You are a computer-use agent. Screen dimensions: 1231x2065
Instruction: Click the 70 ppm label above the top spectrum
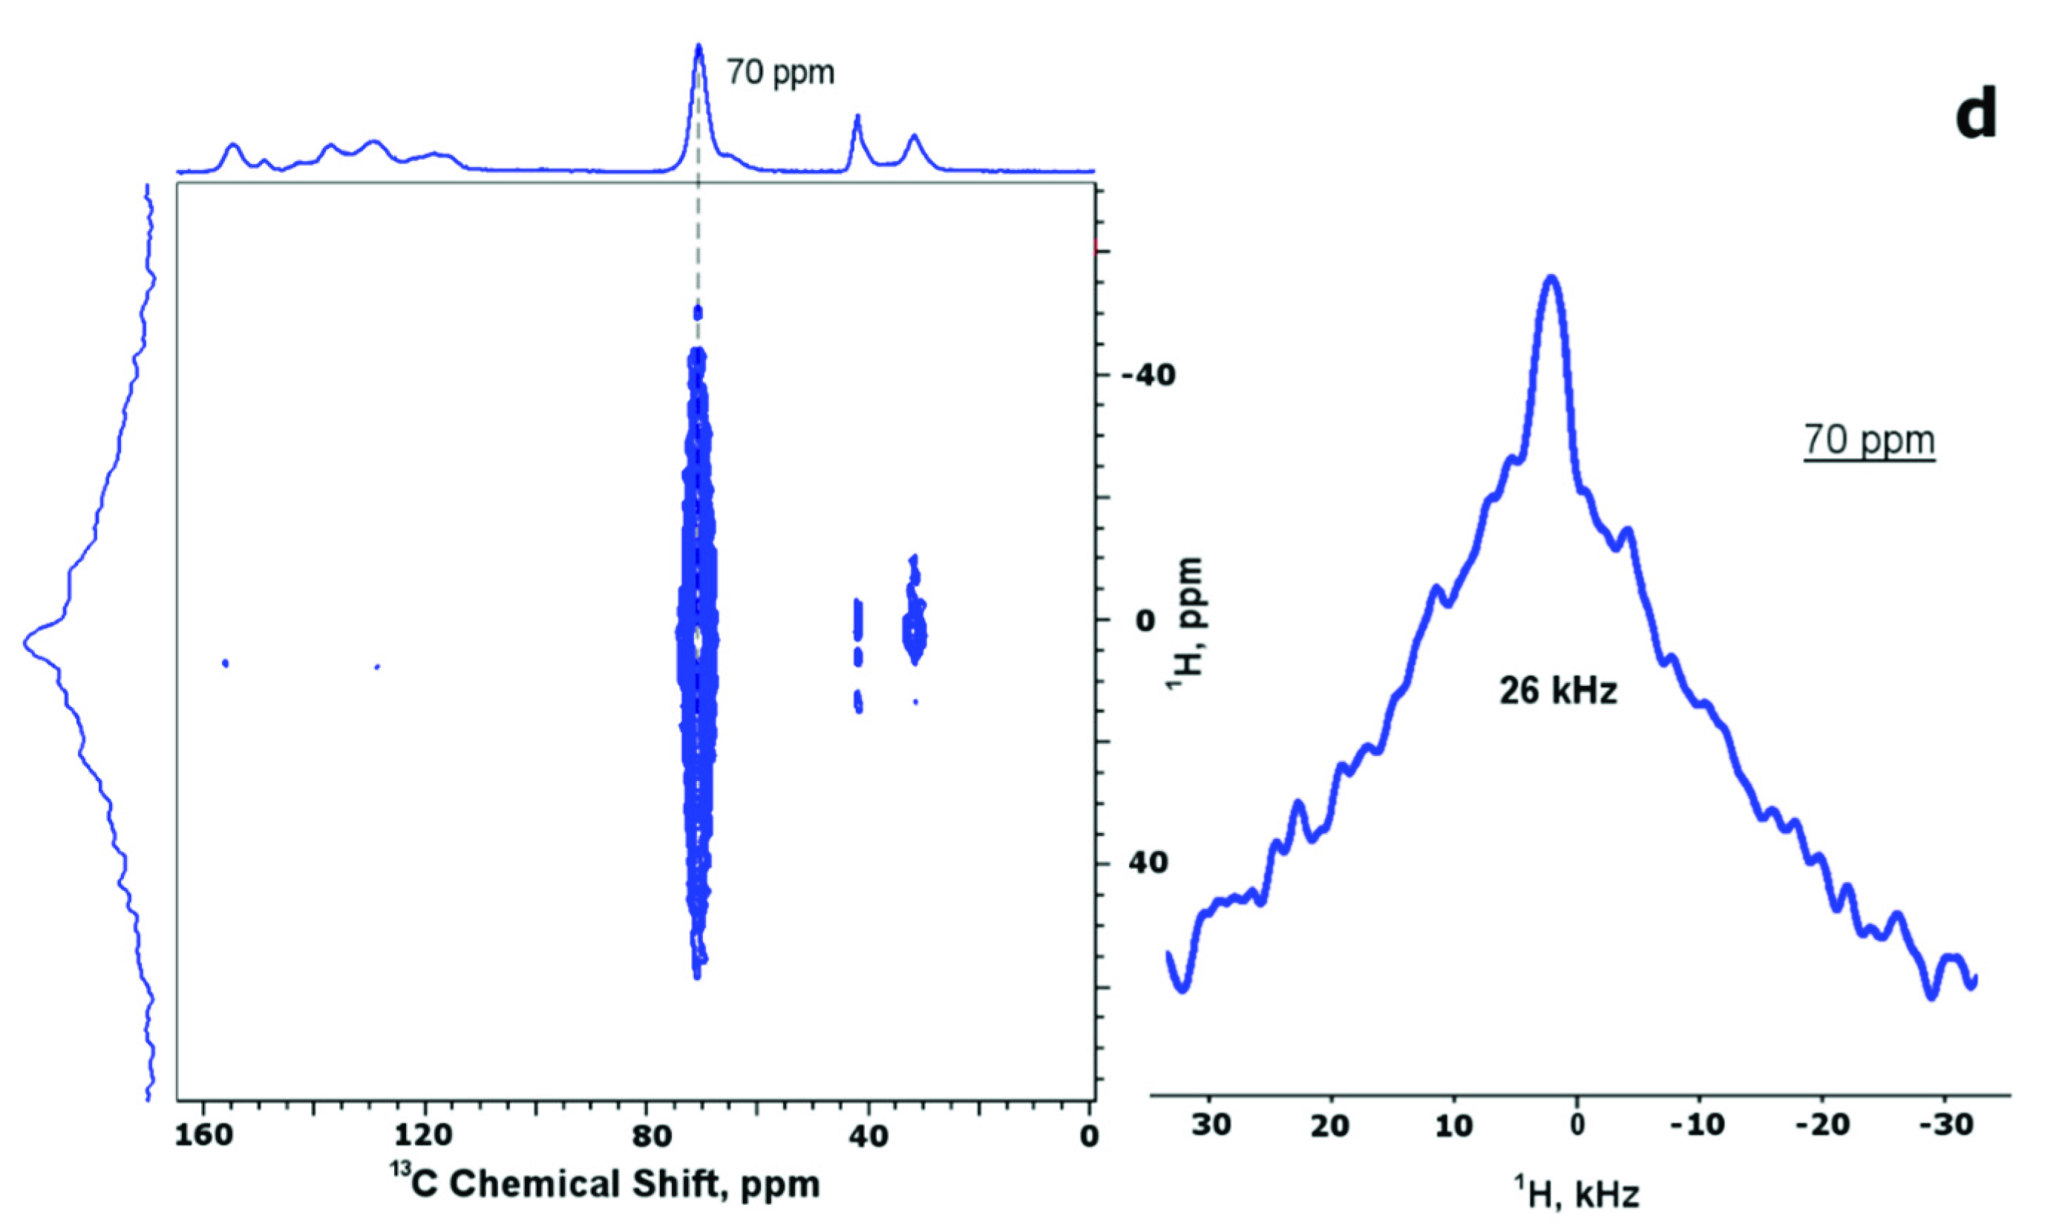(x=780, y=73)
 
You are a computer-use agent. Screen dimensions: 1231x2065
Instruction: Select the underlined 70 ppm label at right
(x=1868, y=440)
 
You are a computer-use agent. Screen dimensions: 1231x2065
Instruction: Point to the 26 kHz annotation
(x=1557, y=690)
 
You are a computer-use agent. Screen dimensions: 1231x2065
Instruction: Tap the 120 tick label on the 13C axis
(x=425, y=1136)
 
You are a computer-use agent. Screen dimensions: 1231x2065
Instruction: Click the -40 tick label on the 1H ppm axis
(x=1148, y=376)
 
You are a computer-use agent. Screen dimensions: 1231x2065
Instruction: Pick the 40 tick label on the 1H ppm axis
(x=1148, y=863)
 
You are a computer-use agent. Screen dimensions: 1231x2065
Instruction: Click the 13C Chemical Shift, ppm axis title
(x=604, y=1183)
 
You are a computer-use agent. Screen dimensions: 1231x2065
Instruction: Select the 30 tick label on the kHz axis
(x=1210, y=1126)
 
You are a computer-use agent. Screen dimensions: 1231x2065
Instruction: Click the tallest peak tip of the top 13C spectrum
(x=698, y=47)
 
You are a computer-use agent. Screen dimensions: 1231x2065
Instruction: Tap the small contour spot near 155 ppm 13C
(x=225, y=663)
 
